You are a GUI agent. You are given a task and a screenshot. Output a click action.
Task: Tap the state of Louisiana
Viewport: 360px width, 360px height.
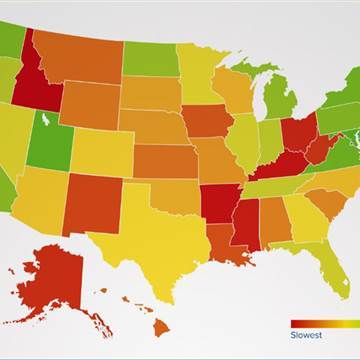point(220,240)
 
